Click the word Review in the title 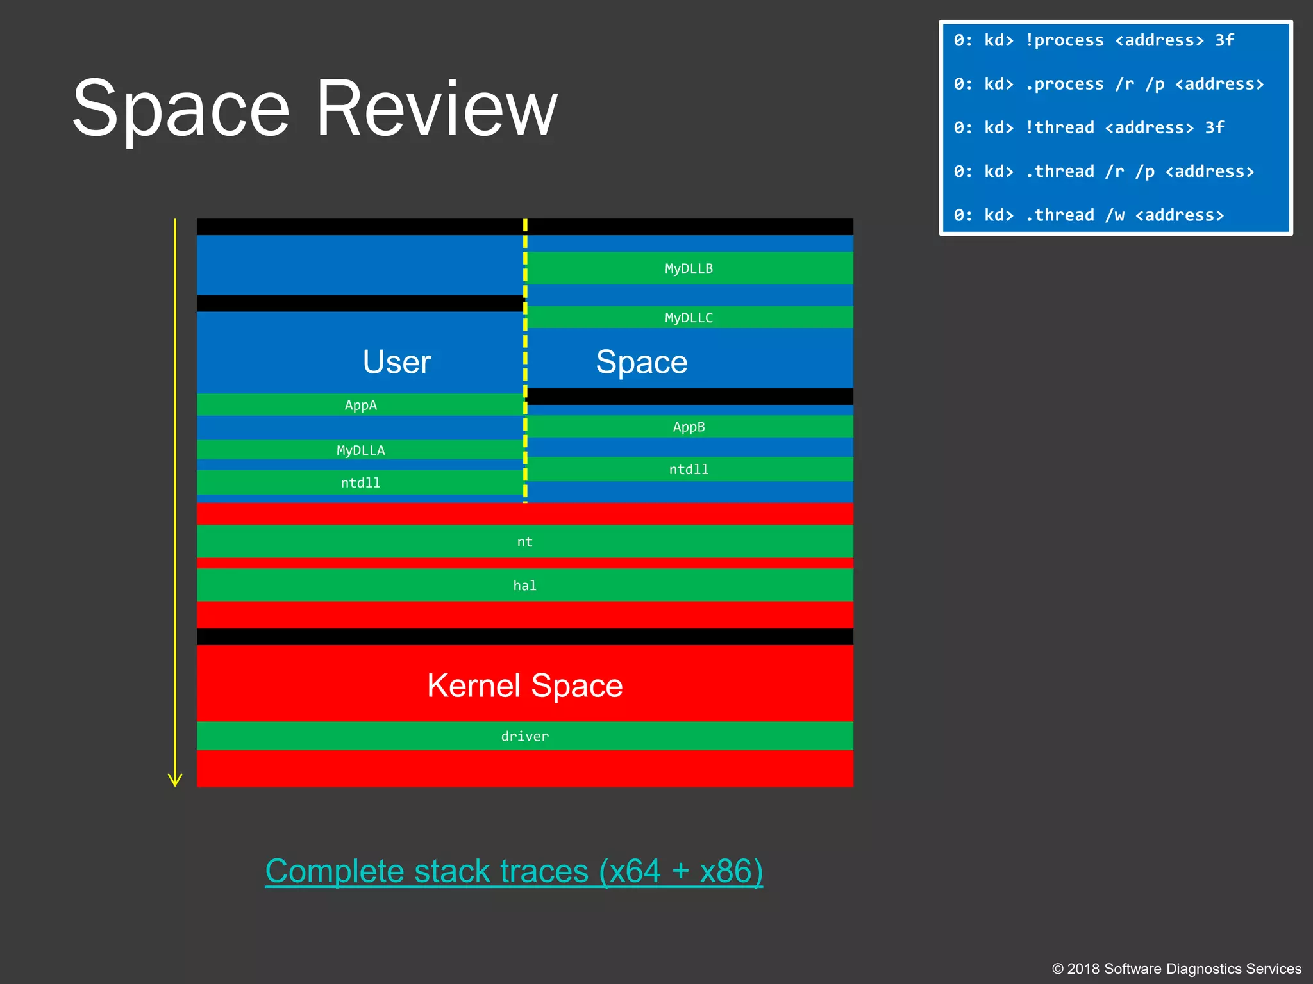coord(437,109)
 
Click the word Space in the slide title coord(181,109)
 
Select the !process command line coord(1093,40)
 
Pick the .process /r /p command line coord(1108,84)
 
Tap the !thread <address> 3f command coord(1088,127)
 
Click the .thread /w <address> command coord(1088,215)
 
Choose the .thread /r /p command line coord(1103,172)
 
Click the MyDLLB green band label coord(689,268)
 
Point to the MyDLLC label coord(689,318)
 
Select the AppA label coord(360,405)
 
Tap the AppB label coord(689,427)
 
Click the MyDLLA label coord(360,450)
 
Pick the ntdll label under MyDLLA coord(360,483)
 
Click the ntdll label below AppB coord(689,470)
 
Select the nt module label coord(524,542)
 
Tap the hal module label coord(524,586)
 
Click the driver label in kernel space coord(524,737)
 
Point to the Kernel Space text coord(524,685)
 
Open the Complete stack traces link coord(514,871)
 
